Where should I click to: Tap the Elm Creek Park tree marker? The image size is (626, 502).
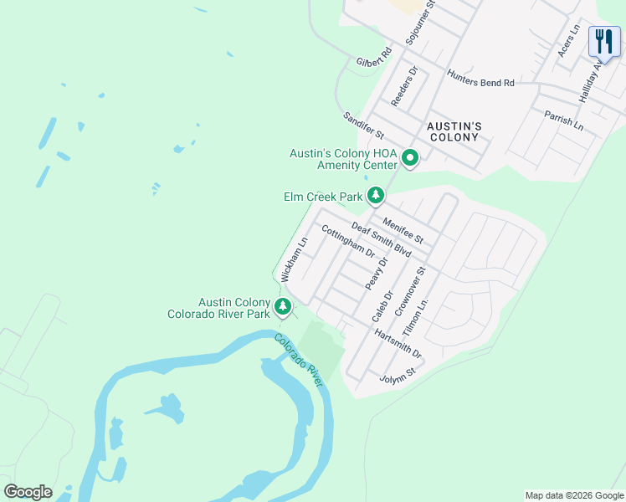tap(377, 196)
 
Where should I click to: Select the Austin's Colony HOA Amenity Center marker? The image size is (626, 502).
tap(410, 157)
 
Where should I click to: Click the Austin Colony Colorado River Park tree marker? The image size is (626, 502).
tap(283, 306)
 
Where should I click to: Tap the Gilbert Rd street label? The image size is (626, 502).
tap(374, 57)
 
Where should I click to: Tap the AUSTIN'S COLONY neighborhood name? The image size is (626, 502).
tap(453, 131)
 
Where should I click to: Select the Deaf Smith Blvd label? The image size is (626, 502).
tap(382, 239)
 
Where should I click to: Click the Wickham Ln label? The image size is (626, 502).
tap(294, 258)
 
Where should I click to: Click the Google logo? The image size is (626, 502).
tap(28, 492)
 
